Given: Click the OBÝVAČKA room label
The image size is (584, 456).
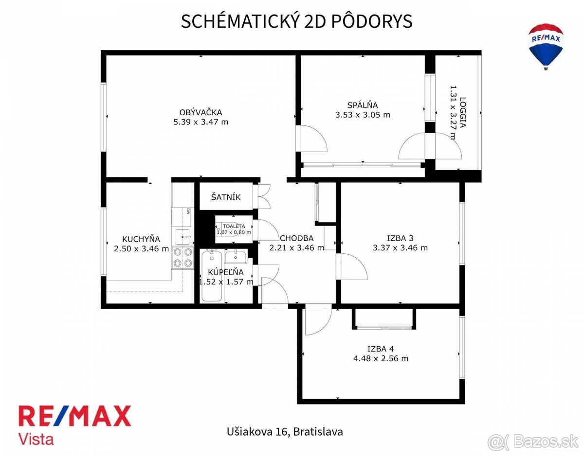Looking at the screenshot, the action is click(201, 112).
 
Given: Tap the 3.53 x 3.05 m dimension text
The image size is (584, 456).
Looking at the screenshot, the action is click(363, 115).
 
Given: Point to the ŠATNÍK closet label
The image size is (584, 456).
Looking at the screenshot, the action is click(226, 197).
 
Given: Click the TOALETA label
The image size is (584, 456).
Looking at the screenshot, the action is click(234, 226).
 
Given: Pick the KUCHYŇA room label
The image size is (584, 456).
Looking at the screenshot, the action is click(141, 239).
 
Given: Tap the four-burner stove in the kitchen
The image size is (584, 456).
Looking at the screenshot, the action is click(183, 258).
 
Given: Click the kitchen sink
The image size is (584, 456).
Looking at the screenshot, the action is click(182, 237).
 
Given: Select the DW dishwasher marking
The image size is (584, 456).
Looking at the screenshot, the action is click(188, 211).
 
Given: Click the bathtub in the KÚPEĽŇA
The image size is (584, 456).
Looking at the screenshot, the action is click(212, 275).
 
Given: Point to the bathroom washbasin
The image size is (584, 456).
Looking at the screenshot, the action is click(236, 257).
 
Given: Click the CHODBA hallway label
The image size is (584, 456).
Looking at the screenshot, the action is click(297, 238).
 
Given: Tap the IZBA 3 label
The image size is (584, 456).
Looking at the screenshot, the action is click(400, 238).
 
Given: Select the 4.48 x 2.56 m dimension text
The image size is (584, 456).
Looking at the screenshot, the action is click(381, 358).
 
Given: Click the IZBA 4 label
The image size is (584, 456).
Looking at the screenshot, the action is click(381, 349).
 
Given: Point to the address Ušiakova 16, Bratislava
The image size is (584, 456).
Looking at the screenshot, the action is click(285, 432).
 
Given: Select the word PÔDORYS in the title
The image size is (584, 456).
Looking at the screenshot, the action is click(372, 21).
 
